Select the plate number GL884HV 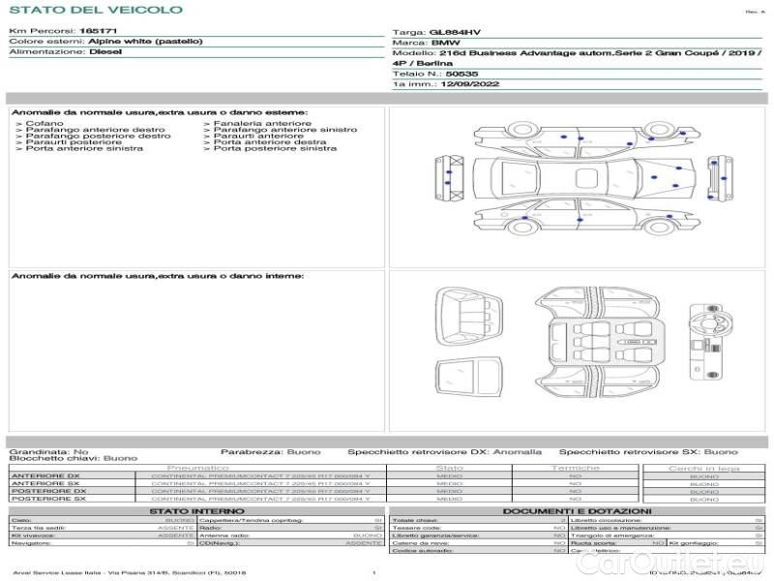(454, 32)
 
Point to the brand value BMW (445, 44)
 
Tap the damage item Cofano (45, 124)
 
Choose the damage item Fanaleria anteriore (262, 124)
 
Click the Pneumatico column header (197, 468)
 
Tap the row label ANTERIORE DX (45, 476)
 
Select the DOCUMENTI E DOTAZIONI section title (577, 510)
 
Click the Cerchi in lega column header (703, 468)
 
